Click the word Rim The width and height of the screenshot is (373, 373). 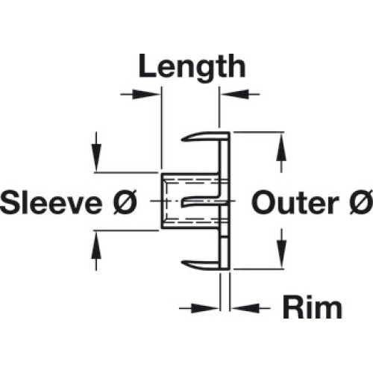pyautogui.click(x=313, y=308)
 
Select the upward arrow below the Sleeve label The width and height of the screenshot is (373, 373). pyautogui.click(x=96, y=251)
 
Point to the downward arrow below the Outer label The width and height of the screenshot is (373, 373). pyautogui.click(x=281, y=248)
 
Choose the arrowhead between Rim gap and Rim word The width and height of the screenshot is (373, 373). pyautogui.click(x=245, y=308)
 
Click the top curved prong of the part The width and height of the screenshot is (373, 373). pyautogui.click(x=201, y=137)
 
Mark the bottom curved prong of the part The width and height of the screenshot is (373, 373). pyautogui.click(x=201, y=265)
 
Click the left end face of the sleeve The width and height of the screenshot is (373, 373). pyautogui.click(x=163, y=201)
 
